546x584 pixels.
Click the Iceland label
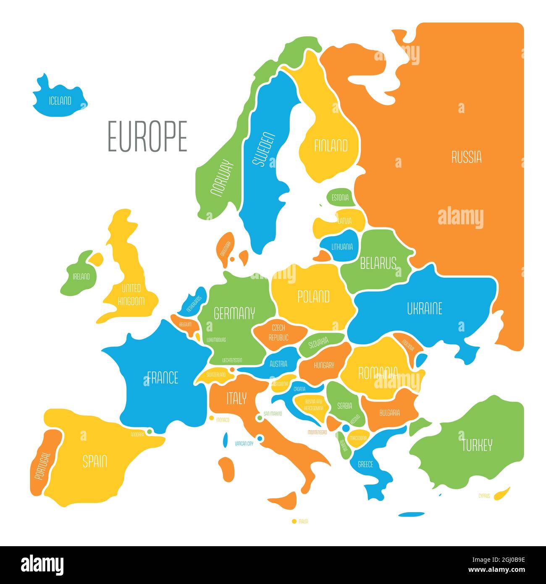point(60,101)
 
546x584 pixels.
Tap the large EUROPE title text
point(147,136)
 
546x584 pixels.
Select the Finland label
point(331,146)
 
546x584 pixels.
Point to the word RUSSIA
point(466,157)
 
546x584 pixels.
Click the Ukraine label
point(424,309)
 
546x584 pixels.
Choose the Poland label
point(313,297)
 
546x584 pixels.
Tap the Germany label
point(234,313)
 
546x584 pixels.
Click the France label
point(163,378)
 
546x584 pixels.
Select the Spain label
point(94,462)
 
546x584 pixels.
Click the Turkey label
point(477,445)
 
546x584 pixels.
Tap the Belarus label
point(378,263)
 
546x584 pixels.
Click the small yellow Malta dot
point(294,521)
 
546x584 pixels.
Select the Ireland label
point(81,276)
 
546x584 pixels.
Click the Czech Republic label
point(278,332)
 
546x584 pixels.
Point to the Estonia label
point(340,197)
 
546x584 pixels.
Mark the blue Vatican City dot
point(260,439)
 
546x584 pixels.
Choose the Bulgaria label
point(389,413)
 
